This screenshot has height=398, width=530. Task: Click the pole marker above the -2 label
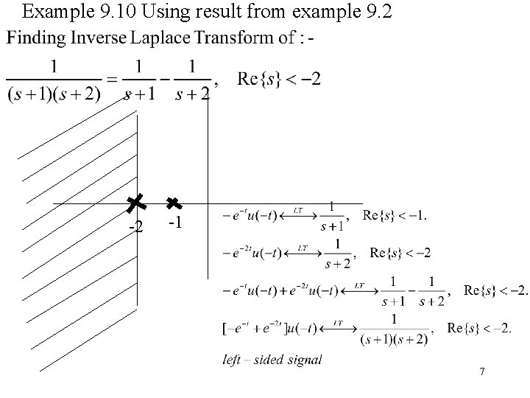(135, 203)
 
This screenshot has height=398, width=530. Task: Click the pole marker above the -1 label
(174, 203)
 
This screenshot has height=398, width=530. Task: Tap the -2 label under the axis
(135, 226)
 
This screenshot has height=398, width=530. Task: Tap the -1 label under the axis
(174, 223)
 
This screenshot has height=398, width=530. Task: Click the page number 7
(481, 372)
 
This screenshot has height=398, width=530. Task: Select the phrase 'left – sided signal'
(272, 360)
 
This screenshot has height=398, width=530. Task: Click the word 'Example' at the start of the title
(52, 11)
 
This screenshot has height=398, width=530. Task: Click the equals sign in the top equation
(111, 79)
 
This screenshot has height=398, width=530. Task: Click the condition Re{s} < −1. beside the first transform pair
(395, 215)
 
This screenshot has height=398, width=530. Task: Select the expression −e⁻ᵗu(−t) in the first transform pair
(250, 216)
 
